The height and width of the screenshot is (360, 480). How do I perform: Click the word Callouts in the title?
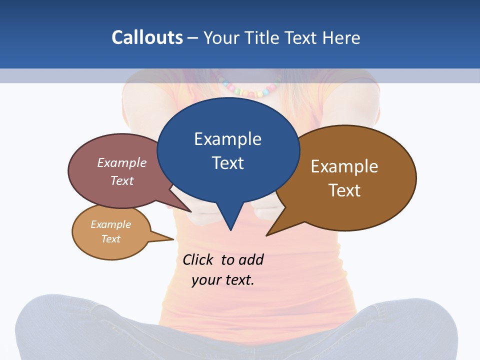[147, 37]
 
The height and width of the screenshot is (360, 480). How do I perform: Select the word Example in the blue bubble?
[227, 139]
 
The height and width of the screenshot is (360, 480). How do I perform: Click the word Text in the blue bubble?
[227, 163]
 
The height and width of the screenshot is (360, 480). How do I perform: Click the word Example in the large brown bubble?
[344, 166]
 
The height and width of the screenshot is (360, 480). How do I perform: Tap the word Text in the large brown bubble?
[344, 190]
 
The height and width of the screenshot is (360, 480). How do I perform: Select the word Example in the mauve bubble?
[122, 162]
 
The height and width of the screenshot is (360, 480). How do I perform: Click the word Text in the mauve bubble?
[122, 180]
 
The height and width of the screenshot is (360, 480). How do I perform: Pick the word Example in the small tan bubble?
[111, 224]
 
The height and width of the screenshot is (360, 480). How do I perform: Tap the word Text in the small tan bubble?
[111, 239]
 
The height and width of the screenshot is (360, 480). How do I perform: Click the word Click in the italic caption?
[198, 260]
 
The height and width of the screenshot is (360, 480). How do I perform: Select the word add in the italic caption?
[250, 260]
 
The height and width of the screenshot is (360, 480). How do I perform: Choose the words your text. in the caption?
[223, 280]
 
